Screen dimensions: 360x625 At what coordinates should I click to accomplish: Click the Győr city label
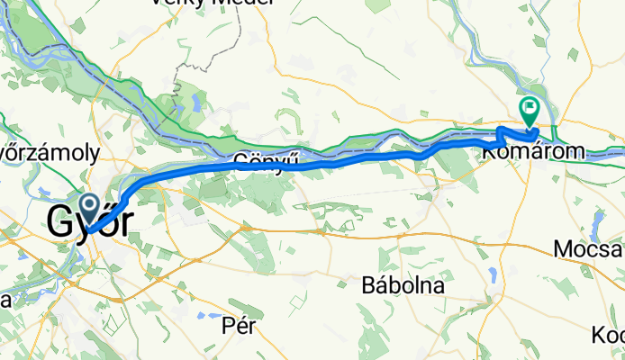click(x=94, y=221)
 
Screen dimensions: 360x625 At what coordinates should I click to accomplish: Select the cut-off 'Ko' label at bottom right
click(x=609, y=336)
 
